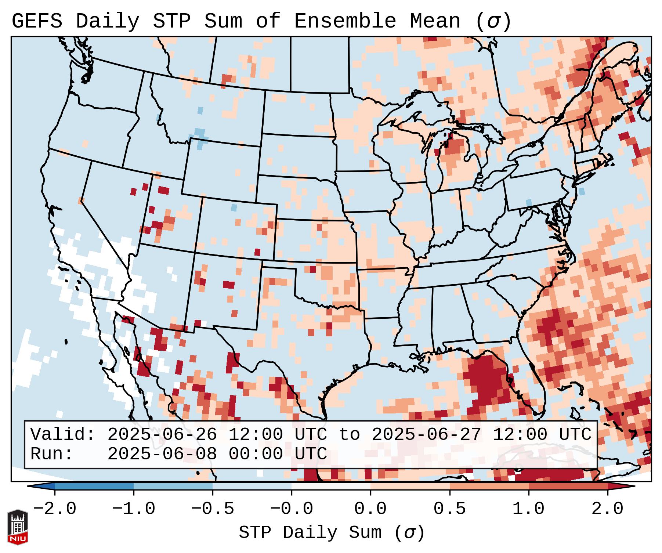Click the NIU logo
click(18, 527)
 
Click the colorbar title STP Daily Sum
click(310, 532)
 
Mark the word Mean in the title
click(435, 21)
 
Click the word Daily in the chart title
click(108, 21)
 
